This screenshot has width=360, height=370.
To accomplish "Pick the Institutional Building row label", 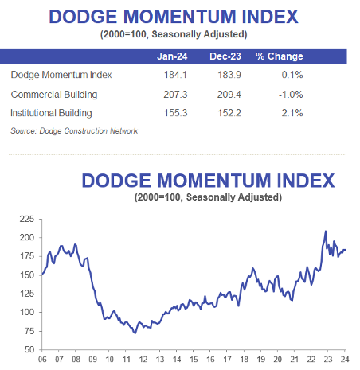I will click(52, 113).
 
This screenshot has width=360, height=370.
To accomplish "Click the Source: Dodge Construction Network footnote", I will click(74, 130).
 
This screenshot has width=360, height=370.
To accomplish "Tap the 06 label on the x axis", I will click(41, 360).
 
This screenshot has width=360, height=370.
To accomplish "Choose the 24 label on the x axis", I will click(345, 360).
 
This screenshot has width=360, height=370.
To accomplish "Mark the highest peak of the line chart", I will click(325, 231).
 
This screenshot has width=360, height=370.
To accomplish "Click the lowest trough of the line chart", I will click(134, 333).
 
